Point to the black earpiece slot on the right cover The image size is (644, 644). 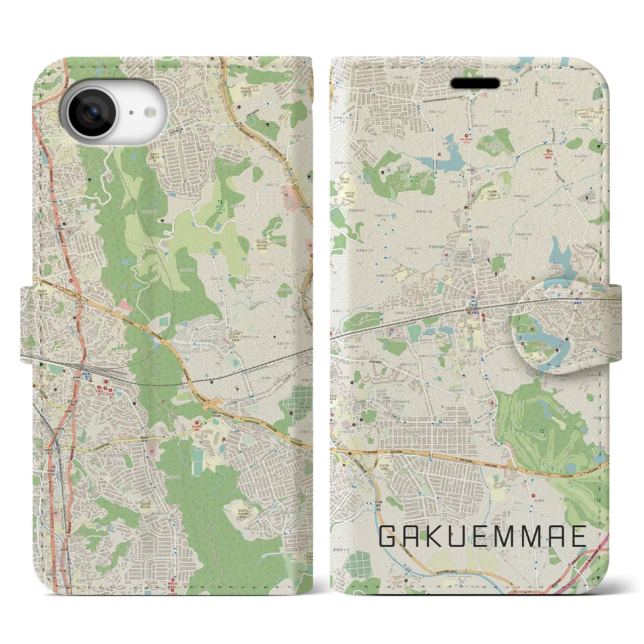tap(474, 83)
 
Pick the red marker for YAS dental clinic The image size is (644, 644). tap(466, 135)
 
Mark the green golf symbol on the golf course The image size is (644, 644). tap(542, 431)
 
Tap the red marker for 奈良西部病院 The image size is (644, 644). tap(197, 424)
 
